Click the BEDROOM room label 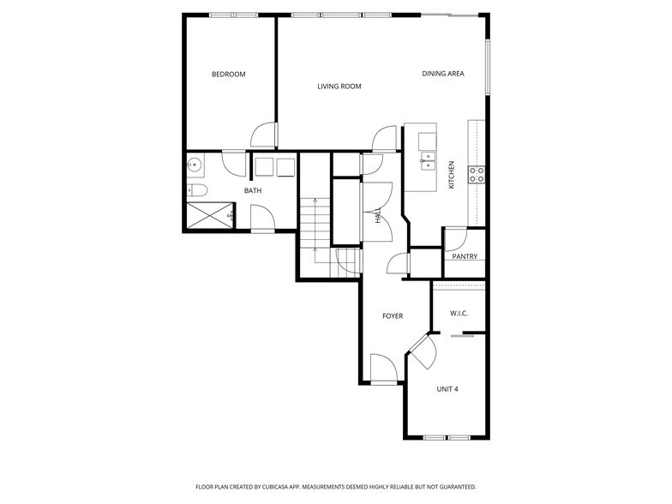[228, 75]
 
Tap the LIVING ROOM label [339, 87]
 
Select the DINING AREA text [442, 74]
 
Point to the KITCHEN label [451, 176]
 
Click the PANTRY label [465, 256]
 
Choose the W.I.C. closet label [459, 313]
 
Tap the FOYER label [392, 316]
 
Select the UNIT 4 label [447, 389]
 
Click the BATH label [253, 191]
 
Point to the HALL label [378, 216]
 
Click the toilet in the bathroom [195, 190]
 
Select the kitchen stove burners [477, 175]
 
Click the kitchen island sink [426, 159]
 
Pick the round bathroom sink [195, 165]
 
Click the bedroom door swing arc [264, 135]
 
